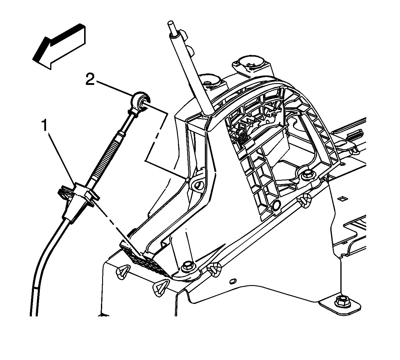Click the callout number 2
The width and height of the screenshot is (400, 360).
(x=90, y=79)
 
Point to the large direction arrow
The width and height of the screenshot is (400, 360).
(x=59, y=46)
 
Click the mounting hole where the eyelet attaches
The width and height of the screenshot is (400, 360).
(x=197, y=185)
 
